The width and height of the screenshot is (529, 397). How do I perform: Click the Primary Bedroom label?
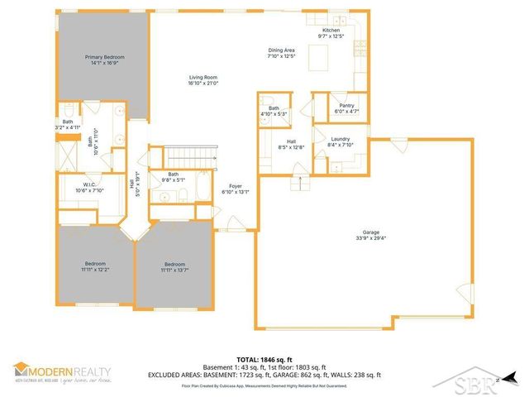click(x=102, y=58)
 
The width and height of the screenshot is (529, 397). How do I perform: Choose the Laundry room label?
click(x=341, y=139)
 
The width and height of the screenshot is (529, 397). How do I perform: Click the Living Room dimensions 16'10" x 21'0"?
click(x=202, y=83)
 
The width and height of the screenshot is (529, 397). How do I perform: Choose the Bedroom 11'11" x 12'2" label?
click(x=95, y=264)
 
